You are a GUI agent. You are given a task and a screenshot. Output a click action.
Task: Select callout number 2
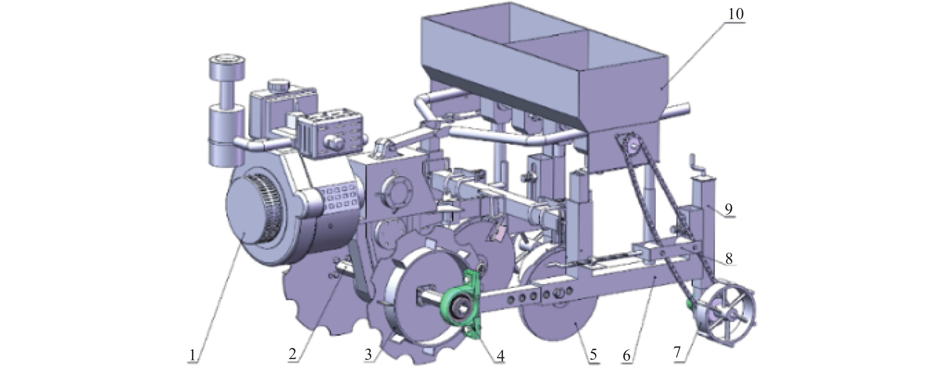click(x=292, y=353)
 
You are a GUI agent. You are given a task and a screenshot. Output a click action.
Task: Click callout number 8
click(x=729, y=258)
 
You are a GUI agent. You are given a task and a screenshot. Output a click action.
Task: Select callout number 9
click(x=729, y=209)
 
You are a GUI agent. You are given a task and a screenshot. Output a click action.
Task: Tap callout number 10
click(x=736, y=14)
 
